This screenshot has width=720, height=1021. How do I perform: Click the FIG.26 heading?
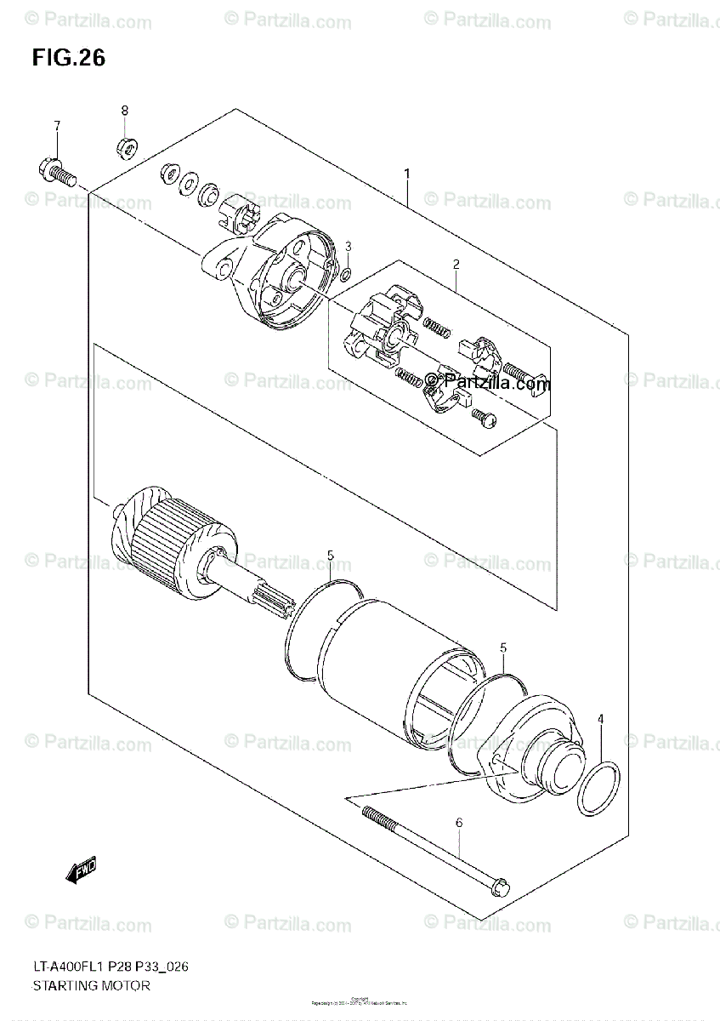click(69, 58)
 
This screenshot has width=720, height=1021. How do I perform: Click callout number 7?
click(57, 126)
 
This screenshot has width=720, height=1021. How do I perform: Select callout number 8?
click(124, 111)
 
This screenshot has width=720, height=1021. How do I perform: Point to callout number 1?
click(407, 174)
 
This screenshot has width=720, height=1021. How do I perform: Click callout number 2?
click(456, 265)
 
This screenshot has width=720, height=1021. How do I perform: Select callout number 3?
click(348, 247)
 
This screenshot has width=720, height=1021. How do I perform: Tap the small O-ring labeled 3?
click(346, 274)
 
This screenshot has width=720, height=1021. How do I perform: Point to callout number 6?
click(459, 823)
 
